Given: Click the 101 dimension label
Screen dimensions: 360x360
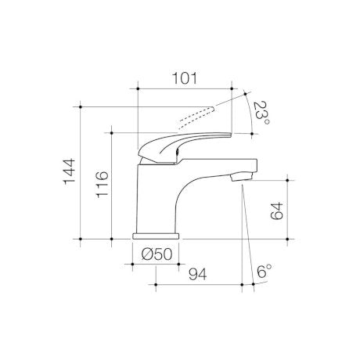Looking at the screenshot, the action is tap(185, 78).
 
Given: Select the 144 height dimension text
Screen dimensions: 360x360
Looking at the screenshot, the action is tap(70, 171).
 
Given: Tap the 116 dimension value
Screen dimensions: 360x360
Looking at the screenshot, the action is tap(102, 185).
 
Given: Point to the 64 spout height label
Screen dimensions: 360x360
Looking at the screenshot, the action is tap(277, 211).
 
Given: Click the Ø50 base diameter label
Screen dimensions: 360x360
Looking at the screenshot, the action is tap(157, 254).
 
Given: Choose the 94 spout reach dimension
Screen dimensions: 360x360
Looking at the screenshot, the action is tap(197, 274).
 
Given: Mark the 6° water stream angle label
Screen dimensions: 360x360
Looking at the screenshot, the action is tap(264, 272).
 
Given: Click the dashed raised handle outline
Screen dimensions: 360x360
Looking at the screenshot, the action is tap(196, 117).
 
